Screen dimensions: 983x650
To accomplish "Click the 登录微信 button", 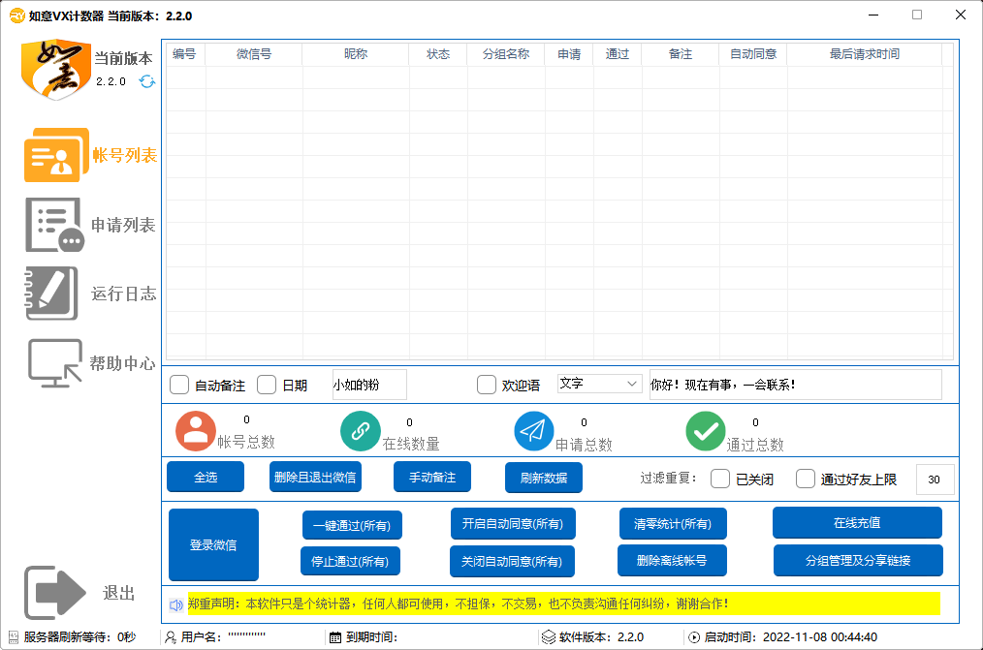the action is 213,544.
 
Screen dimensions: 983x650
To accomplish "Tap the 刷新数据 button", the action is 544,478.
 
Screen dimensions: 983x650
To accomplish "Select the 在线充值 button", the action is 857,522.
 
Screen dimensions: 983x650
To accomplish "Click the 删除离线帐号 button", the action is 672,561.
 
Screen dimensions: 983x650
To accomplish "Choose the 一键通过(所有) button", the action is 352,525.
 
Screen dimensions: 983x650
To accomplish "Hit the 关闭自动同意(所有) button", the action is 512,561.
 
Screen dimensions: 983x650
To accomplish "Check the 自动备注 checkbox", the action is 179,385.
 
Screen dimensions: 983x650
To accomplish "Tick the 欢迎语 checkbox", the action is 487,385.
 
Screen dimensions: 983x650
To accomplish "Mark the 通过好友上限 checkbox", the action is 806,480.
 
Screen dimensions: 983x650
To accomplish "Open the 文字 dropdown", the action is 599,384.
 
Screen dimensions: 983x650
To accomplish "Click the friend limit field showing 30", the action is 935,480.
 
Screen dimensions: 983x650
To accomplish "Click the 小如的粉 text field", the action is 369,385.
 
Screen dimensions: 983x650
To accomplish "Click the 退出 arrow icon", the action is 54,593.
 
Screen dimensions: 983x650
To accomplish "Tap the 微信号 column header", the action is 254,54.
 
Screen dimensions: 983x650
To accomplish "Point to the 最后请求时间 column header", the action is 865,54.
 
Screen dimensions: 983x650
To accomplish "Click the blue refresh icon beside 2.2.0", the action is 147,81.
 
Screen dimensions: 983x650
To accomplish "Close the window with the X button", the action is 961,15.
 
